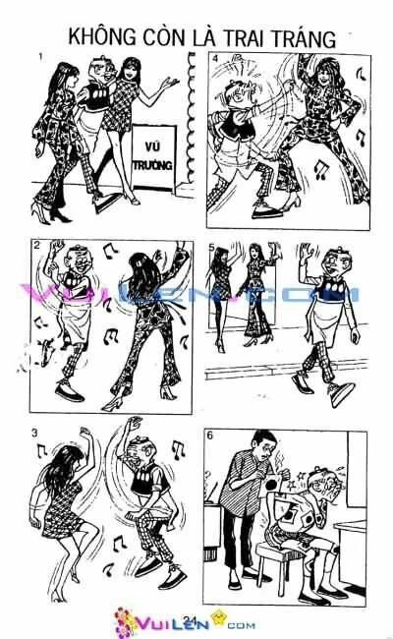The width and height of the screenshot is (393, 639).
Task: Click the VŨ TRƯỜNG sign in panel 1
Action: click(152, 155)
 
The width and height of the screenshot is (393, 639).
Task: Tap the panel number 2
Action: click(36, 246)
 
